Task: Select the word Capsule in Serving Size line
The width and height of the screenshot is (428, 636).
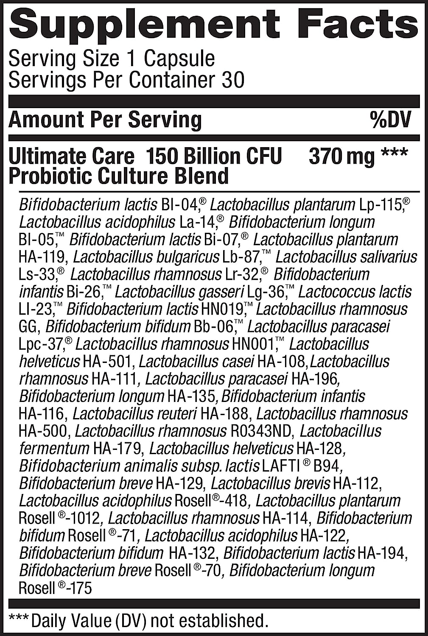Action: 179,59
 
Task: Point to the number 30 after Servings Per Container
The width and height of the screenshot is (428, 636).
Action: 232,80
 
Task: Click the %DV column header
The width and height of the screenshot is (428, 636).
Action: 390,120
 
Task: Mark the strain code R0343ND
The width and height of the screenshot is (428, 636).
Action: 261,431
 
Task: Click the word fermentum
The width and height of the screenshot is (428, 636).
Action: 54,449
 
